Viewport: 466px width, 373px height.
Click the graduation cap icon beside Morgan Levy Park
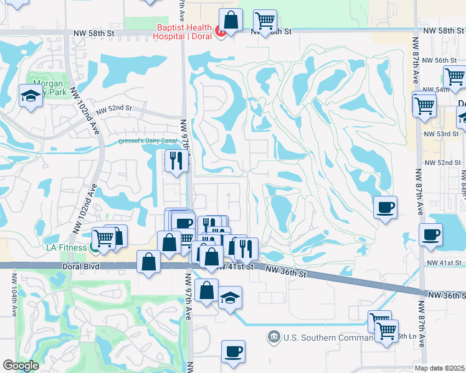[x=30, y=96]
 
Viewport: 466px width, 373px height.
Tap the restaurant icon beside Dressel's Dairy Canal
[x=176, y=161]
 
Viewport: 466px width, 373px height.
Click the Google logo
[x=21, y=366]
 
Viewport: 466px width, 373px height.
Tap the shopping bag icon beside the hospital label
[x=231, y=20]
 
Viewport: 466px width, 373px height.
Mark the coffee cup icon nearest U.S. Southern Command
[x=233, y=352]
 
